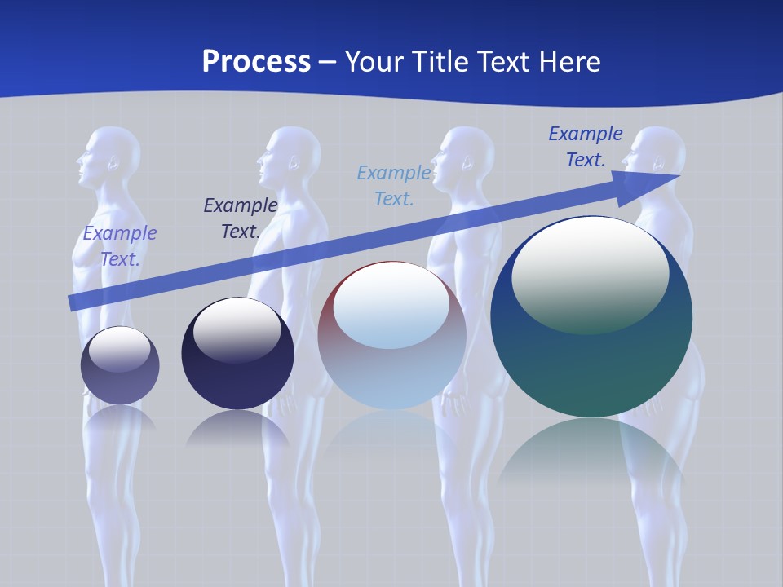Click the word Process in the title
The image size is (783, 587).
tap(256, 62)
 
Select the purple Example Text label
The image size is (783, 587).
tap(120, 246)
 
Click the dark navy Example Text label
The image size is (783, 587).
tap(241, 218)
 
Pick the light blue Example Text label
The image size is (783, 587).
tap(394, 186)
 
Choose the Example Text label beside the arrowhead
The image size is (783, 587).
tap(586, 147)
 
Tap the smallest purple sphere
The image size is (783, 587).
tap(120, 366)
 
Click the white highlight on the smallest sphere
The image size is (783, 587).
tap(119, 349)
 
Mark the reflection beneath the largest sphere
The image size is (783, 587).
tap(591, 452)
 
